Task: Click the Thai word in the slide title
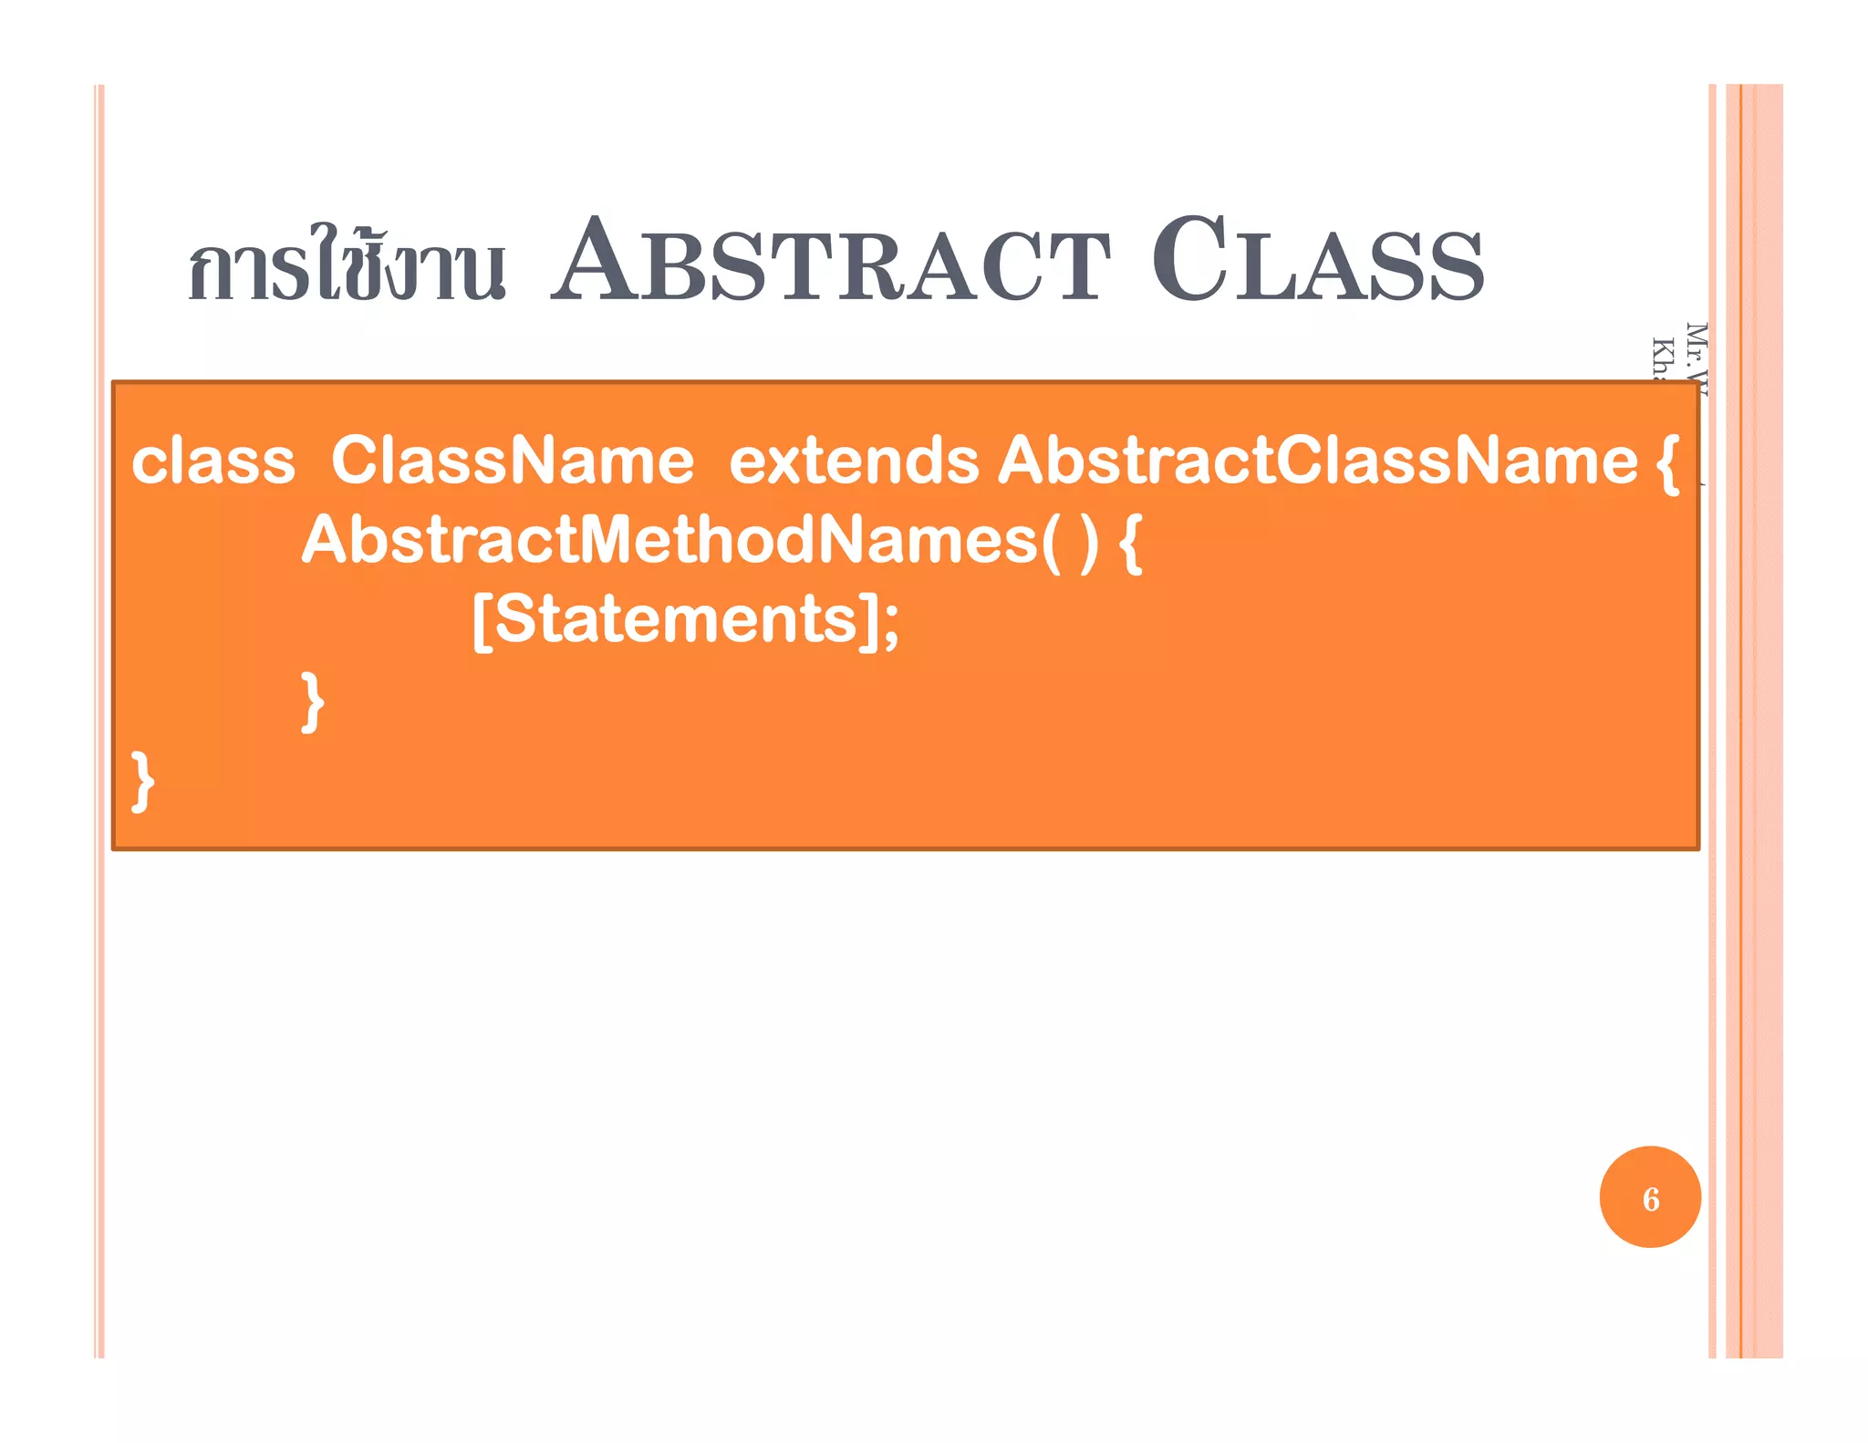click(347, 265)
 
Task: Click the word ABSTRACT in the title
click(831, 261)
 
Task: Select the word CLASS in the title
click(1318, 261)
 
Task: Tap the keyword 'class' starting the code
click(213, 461)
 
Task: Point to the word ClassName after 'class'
click(513, 461)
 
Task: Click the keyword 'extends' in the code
click(854, 461)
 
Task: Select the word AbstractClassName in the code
click(1318, 461)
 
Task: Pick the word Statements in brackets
click(676, 619)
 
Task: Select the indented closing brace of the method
click(313, 701)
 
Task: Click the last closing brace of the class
click(143, 781)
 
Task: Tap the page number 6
click(1650, 1199)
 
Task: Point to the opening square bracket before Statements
click(483, 621)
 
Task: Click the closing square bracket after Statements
click(869, 621)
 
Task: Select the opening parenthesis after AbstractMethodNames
click(1051, 543)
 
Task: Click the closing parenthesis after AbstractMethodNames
click(1088, 543)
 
